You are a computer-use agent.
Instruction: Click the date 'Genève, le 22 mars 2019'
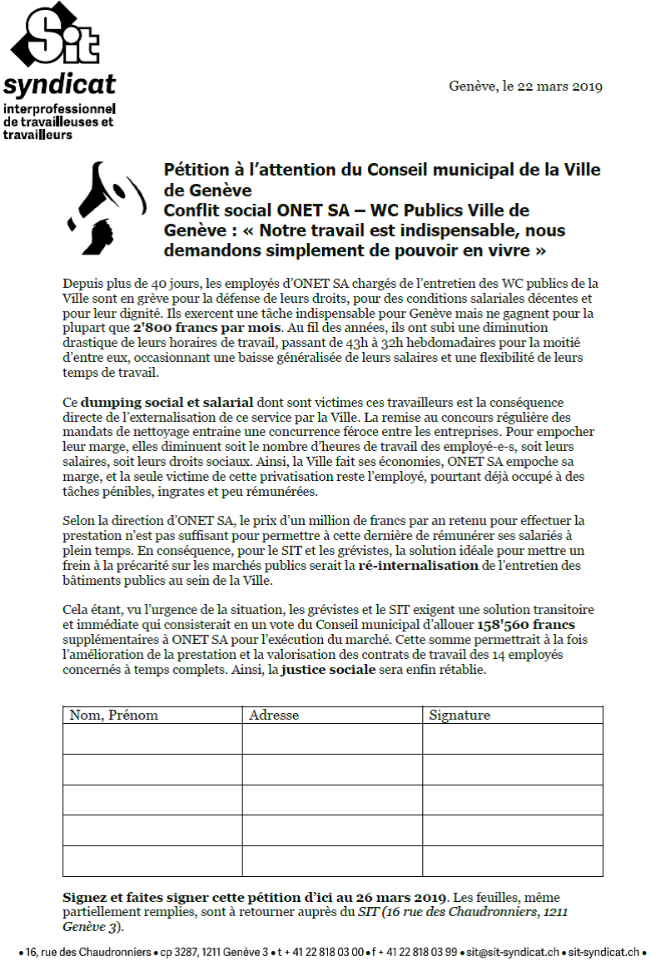click(x=525, y=87)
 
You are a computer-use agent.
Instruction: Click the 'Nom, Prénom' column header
click(x=113, y=716)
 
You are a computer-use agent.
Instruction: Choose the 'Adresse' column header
click(x=274, y=716)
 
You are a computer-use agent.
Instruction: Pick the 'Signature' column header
click(x=460, y=716)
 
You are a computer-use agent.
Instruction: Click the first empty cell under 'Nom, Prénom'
click(x=152, y=739)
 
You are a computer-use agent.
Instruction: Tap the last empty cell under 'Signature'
click(x=513, y=860)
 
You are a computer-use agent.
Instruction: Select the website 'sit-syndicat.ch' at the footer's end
click(x=604, y=951)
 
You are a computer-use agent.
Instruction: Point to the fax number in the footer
click(x=415, y=951)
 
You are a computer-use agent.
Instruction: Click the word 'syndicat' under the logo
click(x=59, y=85)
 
